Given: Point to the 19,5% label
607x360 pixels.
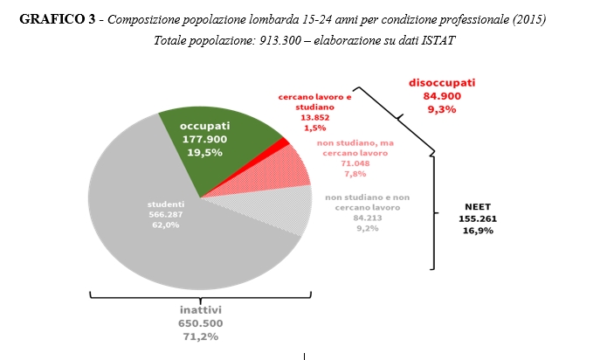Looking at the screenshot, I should click(x=204, y=151).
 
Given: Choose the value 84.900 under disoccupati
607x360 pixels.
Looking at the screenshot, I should click(x=442, y=96).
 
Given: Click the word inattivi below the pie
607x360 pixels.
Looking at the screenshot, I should click(x=200, y=309).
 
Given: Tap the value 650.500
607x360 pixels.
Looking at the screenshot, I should click(x=200, y=322).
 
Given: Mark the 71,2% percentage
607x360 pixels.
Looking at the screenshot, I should click(x=200, y=336).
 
